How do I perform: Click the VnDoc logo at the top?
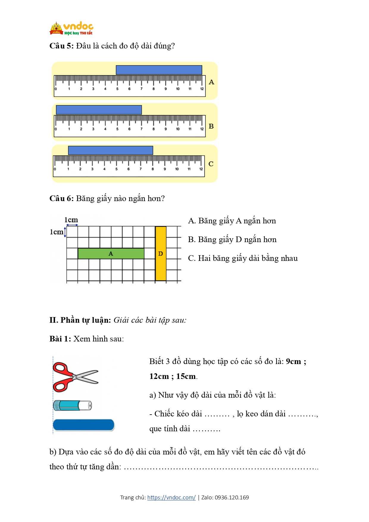coord(71,29)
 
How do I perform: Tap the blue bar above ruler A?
coord(159,70)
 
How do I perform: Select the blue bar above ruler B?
coord(99,110)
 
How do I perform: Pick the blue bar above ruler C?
coord(110,150)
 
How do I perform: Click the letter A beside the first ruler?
coord(211,82)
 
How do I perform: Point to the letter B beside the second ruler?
coord(211,126)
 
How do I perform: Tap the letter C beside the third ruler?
coord(211,164)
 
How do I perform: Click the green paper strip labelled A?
coord(111,254)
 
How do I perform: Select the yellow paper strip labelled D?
coord(161,253)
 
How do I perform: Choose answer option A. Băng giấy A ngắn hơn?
coord(232,221)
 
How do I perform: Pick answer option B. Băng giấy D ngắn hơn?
coord(232,239)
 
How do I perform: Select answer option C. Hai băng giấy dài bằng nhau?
coord(243,258)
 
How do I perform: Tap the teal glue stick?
coord(72,405)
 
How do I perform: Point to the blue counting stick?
coord(84,425)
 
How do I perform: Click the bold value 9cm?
coord(293,361)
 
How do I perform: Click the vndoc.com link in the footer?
coord(171,497)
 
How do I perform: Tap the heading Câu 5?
coord(61,46)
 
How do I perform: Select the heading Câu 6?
coord(61,198)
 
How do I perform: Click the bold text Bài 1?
coord(60,339)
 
